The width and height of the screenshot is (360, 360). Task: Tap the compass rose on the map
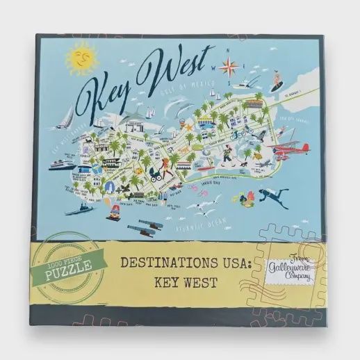230,67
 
